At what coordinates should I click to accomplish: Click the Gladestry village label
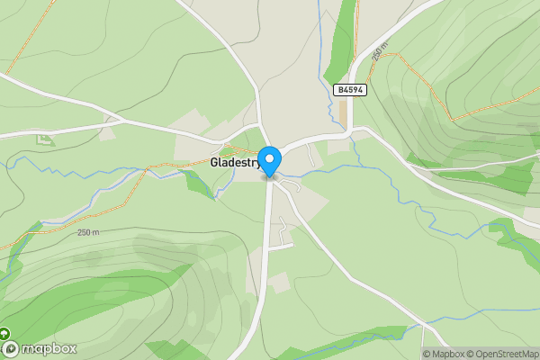[235, 163]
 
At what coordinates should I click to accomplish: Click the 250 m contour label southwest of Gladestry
[88, 232]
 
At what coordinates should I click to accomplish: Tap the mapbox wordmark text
[49, 348]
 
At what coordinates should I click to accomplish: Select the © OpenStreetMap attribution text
[503, 354]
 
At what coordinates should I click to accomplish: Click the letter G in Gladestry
[214, 163]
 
